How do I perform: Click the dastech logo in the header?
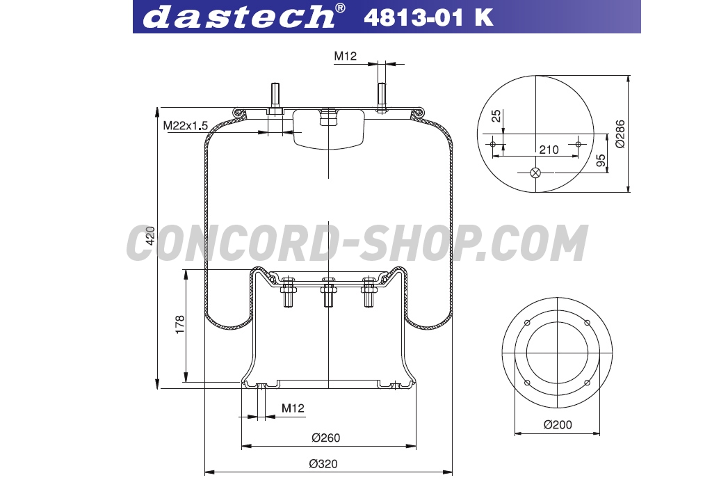[244, 16]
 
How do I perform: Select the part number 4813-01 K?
[428, 17]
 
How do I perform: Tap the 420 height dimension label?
[150, 235]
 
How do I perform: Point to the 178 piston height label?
[180, 325]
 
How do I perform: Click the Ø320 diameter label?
[323, 463]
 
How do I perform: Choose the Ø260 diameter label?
[325, 438]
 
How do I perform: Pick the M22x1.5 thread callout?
[185, 125]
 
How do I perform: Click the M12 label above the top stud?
[346, 56]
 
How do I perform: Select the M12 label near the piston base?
[293, 408]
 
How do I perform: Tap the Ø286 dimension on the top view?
[620, 134]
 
